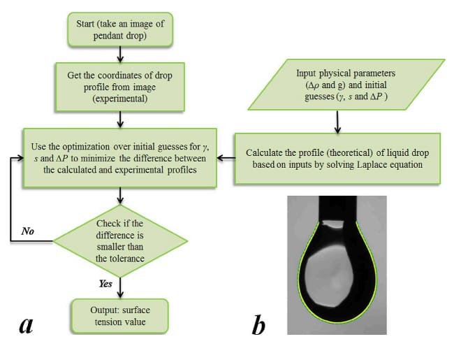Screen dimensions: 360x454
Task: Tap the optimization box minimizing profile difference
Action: (x=120, y=157)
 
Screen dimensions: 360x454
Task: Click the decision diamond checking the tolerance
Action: (x=120, y=240)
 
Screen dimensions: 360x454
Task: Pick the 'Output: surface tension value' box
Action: (x=120, y=315)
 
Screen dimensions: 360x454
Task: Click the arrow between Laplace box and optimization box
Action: (x=226, y=158)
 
